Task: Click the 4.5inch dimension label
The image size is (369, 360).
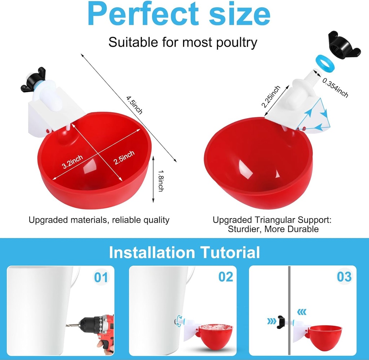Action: click(x=134, y=105)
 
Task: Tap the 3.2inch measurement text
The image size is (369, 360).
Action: click(x=72, y=161)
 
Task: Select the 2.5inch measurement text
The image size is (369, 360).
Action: click(x=124, y=158)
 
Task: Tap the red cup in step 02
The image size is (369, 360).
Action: click(x=216, y=336)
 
